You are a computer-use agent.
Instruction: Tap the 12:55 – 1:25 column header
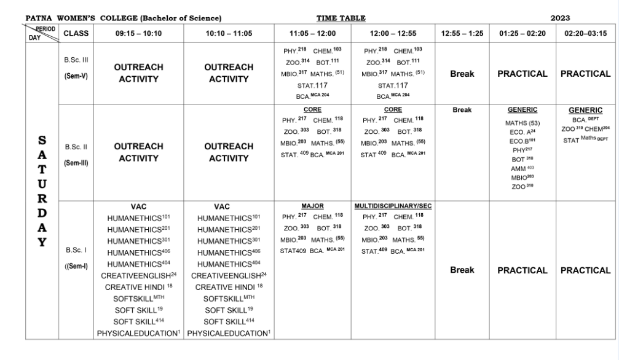point(461,34)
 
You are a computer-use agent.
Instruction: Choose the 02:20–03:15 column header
point(585,34)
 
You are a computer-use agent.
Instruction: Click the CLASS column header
point(77,34)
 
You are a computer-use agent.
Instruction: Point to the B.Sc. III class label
point(76,61)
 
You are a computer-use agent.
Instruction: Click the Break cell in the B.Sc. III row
point(461,74)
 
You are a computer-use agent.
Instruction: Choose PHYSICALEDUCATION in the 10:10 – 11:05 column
point(230,333)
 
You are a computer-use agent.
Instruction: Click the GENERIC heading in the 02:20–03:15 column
point(586,110)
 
